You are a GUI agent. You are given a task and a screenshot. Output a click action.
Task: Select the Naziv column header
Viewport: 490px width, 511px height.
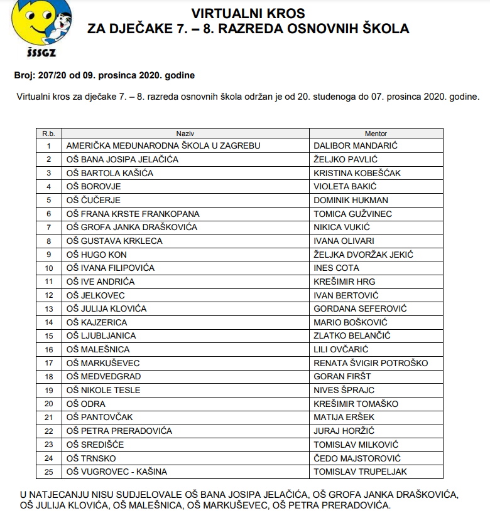pyautogui.click(x=185, y=134)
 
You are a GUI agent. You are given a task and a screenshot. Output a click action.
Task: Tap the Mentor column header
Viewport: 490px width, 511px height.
pyautogui.click(x=376, y=134)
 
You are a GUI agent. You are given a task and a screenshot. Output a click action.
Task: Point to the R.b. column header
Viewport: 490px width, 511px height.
pyautogui.click(x=48, y=134)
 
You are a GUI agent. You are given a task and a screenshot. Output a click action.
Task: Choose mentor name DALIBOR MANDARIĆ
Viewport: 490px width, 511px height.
pyautogui.click(x=356, y=145)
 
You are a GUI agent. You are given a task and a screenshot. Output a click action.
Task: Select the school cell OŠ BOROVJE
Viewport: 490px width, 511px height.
pyautogui.click(x=94, y=186)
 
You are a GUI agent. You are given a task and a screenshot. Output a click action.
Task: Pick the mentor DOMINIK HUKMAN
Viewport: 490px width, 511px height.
pyautogui.click(x=351, y=200)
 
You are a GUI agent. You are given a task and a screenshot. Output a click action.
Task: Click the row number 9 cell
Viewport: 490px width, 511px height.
pyautogui.click(x=48, y=255)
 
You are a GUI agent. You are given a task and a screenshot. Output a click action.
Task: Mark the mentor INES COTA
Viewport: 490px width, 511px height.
pyautogui.click(x=336, y=268)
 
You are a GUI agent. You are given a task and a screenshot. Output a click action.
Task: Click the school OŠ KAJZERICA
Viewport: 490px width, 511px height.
pyautogui.click(x=97, y=322)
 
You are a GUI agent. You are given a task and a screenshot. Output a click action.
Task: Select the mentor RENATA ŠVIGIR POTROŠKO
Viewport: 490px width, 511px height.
pyautogui.click(x=371, y=363)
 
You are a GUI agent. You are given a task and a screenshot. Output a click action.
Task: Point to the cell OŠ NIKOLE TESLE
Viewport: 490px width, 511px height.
pyautogui.click(x=103, y=390)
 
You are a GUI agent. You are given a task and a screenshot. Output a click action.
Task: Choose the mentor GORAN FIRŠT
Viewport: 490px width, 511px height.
pyautogui.click(x=342, y=376)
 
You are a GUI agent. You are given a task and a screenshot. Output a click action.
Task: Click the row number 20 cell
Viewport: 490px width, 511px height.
pyautogui.click(x=48, y=404)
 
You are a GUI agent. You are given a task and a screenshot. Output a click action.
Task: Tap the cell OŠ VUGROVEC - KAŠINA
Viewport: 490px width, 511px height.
pyautogui.click(x=117, y=471)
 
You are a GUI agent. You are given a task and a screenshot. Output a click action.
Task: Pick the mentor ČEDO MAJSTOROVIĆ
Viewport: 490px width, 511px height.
pyautogui.click(x=357, y=458)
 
